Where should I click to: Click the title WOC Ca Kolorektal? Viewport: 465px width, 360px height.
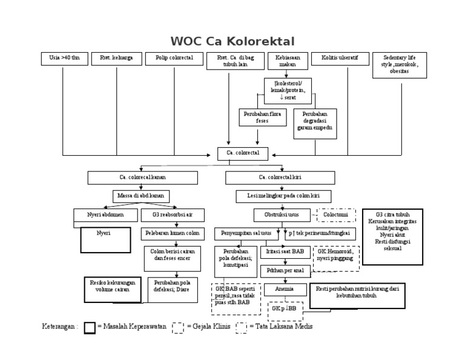(x=232, y=41)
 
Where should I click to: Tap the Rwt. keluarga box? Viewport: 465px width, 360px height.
(x=116, y=59)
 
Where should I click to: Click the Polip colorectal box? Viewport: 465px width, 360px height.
(x=174, y=59)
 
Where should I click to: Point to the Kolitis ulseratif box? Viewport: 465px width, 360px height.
(x=340, y=59)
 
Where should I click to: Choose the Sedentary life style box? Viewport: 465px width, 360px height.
(x=399, y=65)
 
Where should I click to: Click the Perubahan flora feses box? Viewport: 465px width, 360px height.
(x=262, y=117)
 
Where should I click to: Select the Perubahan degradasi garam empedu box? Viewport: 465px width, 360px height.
(x=315, y=124)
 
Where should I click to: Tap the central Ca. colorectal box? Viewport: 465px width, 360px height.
(x=243, y=153)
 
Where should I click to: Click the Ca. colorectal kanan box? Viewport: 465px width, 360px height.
(x=142, y=178)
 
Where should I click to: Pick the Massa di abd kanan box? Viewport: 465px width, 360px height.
(x=141, y=196)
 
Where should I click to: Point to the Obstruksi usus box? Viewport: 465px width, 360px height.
(x=282, y=215)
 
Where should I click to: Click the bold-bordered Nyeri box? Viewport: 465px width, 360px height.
(x=105, y=239)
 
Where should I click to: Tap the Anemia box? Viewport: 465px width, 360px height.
(x=285, y=289)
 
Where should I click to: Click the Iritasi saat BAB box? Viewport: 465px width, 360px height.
(x=285, y=251)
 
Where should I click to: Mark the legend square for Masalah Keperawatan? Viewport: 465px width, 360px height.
(x=90, y=327)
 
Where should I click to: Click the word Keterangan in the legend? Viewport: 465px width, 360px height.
(x=59, y=327)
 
